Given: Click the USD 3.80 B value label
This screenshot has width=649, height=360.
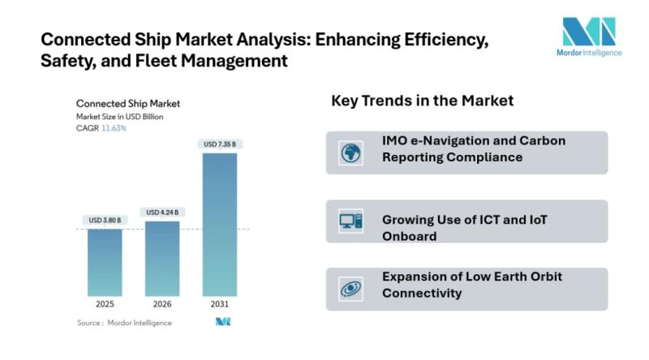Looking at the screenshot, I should tap(105, 220).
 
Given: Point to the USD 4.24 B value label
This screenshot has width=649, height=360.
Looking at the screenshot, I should tap(162, 212).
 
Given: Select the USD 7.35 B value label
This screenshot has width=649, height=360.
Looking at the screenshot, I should tap(220, 144).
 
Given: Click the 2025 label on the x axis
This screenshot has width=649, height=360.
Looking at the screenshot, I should tap(105, 304).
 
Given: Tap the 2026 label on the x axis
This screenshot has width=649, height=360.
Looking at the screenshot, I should tap(162, 304).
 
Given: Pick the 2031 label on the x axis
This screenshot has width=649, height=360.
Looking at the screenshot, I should tap(220, 304).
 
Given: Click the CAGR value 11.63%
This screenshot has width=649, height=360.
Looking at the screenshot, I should tap(114, 128).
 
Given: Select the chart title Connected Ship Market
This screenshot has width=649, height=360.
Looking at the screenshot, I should tap(127, 104).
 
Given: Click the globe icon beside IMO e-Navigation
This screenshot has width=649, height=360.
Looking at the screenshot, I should tap(351, 152).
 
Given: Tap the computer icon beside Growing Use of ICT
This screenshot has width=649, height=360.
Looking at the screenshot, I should tap(351, 221).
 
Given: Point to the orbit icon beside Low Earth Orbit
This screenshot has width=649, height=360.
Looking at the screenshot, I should tap(351, 288).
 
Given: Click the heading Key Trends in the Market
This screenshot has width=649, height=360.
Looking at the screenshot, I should tap(422, 101).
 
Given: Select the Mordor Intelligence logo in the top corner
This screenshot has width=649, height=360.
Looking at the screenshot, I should tap(591, 36).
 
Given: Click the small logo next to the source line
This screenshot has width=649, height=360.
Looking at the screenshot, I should tap(223, 323).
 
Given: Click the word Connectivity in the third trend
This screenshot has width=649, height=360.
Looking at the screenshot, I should tap(422, 293).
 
